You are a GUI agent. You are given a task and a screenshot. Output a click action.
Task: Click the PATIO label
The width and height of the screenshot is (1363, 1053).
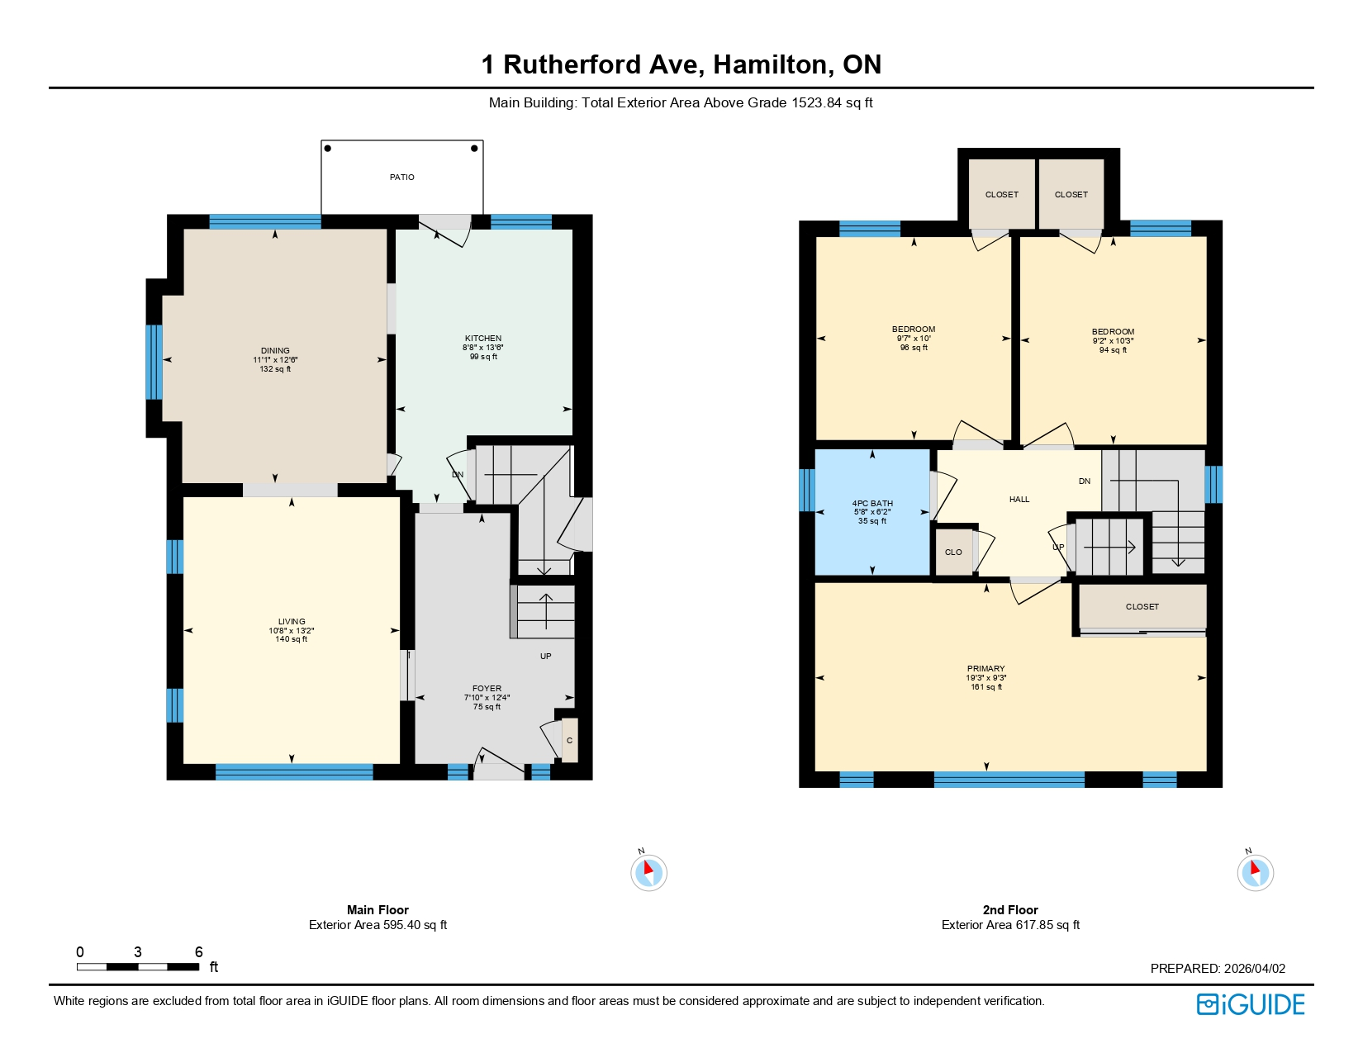402,178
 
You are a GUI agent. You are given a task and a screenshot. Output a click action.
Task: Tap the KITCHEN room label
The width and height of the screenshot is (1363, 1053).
483,339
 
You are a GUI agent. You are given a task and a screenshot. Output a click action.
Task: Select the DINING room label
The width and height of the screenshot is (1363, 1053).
275,351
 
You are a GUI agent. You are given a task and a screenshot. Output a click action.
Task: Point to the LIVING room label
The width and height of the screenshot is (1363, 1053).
292,622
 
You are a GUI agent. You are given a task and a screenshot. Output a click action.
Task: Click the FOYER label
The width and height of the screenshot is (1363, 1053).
487,689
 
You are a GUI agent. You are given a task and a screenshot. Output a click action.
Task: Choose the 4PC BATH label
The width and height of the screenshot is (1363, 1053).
872,504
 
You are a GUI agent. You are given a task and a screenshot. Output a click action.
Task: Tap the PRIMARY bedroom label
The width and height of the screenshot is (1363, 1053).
986,669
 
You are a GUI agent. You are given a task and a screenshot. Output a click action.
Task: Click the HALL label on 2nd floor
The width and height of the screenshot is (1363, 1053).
1019,500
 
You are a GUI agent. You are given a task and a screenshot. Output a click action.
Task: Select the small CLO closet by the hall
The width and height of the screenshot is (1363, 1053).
953,553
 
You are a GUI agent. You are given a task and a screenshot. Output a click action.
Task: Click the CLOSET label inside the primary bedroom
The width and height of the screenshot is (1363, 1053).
1142,607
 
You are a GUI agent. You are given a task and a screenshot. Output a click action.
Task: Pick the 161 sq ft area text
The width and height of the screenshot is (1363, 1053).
986,687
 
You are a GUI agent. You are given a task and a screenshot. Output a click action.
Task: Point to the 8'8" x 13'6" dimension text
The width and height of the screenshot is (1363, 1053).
483,348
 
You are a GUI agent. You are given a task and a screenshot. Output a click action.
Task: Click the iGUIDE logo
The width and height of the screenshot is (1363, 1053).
1251,1004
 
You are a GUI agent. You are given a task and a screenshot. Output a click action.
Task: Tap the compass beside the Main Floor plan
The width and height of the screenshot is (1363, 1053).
648,872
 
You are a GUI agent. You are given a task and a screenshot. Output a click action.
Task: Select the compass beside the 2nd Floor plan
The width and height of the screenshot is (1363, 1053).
1255,872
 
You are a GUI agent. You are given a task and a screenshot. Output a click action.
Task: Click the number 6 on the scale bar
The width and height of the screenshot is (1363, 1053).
198,952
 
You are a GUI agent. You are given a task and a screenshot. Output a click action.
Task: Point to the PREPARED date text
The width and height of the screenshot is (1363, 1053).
1218,969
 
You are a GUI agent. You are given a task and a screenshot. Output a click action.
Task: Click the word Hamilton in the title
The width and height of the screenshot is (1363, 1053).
773,64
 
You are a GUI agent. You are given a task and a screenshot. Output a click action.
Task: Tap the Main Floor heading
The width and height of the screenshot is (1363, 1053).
378,910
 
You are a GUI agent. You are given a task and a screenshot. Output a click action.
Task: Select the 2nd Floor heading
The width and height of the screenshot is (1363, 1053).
1010,910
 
